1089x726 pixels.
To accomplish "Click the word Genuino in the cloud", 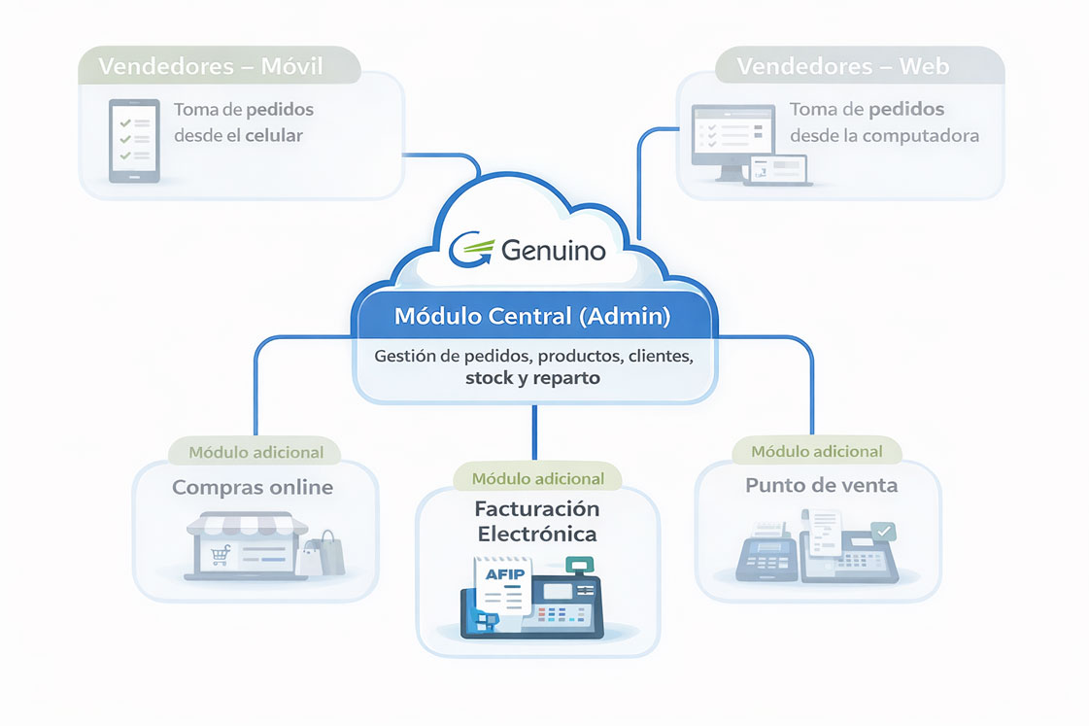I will pyautogui.click(x=553, y=251).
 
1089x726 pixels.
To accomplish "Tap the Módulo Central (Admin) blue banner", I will pyautogui.click(x=531, y=317).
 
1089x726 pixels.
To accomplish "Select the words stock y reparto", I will pyautogui.click(x=532, y=379).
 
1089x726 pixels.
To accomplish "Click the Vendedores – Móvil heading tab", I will pyautogui.click(x=211, y=67).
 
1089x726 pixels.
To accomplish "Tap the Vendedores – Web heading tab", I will pyautogui.click(x=842, y=67).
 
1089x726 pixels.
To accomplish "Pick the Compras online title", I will pyautogui.click(x=253, y=487).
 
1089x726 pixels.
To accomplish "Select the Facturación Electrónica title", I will pyautogui.click(x=536, y=522).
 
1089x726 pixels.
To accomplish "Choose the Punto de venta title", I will pyautogui.click(x=822, y=485).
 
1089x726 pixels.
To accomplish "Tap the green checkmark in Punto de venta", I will pyautogui.click(x=883, y=532).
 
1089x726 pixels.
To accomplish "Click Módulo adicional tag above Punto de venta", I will pyautogui.click(x=817, y=451).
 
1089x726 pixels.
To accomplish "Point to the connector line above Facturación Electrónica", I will pyautogui.click(x=534, y=432).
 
